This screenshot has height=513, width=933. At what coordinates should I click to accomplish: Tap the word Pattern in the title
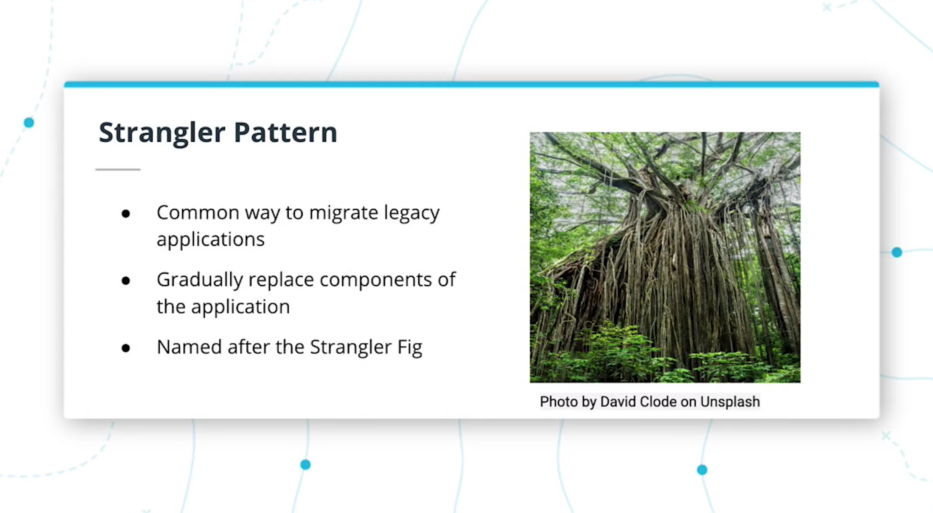click(x=285, y=132)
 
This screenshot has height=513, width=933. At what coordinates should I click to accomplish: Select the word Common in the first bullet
click(x=198, y=213)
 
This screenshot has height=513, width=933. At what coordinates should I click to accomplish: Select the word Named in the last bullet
click(x=189, y=347)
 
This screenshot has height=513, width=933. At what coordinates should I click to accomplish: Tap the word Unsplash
click(x=730, y=402)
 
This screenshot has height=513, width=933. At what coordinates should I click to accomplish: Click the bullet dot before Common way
click(x=125, y=214)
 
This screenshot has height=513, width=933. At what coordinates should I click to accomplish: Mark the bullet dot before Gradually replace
click(x=125, y=281)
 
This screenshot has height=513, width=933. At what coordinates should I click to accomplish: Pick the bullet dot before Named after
click(x=125, y=348)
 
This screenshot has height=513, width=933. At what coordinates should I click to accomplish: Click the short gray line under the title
click(x=118, y=170)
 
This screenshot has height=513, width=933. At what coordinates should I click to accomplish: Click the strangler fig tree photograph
click(x=665, y=257)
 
